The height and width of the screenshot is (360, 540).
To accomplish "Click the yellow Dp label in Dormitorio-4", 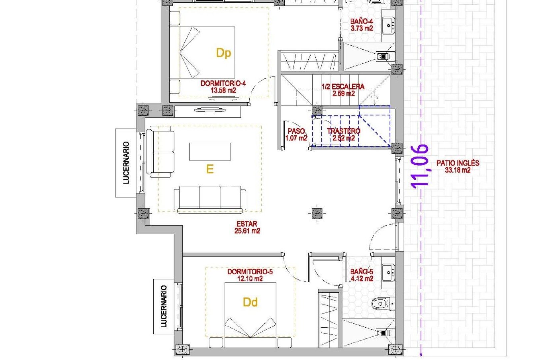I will coord(223,53).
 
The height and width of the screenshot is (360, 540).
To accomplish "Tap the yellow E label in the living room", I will coord(210,169).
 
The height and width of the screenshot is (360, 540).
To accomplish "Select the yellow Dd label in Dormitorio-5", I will coord(250,302).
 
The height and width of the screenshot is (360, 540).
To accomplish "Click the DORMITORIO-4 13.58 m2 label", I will coord(223,87).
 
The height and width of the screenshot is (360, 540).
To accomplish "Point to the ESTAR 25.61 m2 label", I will coord(247,227).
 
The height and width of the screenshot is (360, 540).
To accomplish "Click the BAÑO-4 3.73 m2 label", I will coord(361,25).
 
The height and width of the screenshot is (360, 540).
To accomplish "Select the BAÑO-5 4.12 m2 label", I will coord(362,275).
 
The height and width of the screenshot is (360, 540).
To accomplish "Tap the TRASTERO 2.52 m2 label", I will coord(343,135).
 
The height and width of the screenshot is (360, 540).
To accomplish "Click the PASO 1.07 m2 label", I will coord(296,135).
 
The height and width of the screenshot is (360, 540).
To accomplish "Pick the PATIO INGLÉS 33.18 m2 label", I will coord(458,166).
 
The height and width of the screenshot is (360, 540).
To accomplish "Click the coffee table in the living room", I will coord(210,152).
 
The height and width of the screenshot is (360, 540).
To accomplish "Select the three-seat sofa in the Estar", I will coord(210,199).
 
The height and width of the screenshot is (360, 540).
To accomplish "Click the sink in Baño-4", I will coord(388,24).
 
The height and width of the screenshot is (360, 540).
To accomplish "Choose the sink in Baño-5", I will coord(388,273).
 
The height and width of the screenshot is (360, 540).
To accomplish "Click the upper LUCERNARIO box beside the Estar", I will coord(126,163).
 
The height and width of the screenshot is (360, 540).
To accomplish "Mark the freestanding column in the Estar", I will coord(317,212).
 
